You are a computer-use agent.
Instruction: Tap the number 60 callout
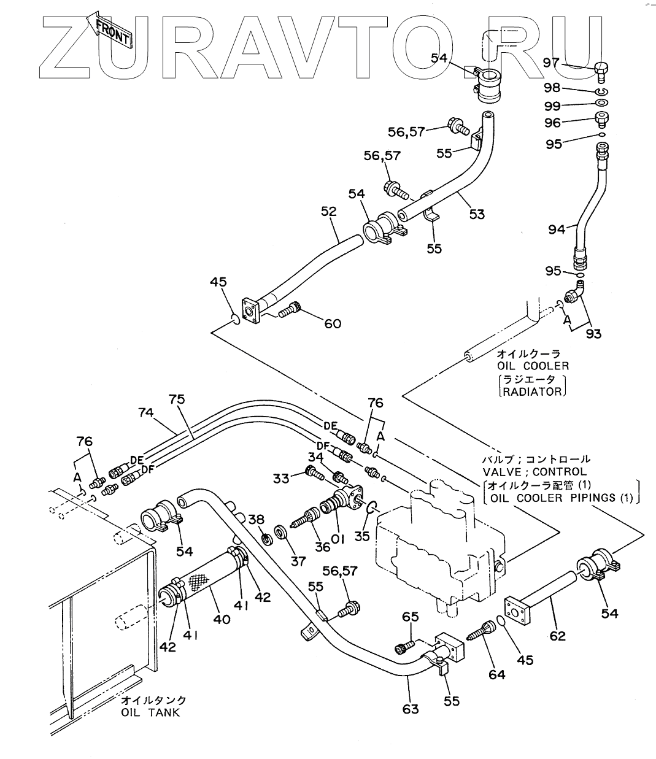333,323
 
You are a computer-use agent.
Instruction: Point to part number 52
329,212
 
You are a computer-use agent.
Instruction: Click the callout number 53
477,214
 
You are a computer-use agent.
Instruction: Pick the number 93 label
593,333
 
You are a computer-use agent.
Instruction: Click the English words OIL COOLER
533,366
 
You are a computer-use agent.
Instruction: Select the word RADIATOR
532,391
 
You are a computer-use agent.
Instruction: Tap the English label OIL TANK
151,712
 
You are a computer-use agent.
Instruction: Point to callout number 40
222,619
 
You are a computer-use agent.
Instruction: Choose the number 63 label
411,709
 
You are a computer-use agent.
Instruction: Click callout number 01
337,538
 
